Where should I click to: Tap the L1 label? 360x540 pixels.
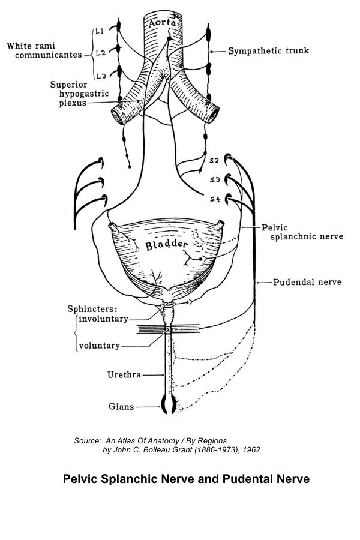click(100, 31)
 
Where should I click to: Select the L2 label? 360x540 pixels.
click(100, 53)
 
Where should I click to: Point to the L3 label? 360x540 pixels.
click(100, 75)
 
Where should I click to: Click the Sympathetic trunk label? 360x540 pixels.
click(268, 51)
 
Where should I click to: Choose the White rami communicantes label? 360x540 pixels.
click(44, 50)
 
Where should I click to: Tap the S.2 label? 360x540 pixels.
click(214, 161)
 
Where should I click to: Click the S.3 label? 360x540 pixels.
click(214, 179)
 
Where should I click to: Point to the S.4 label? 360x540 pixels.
click(214, 199)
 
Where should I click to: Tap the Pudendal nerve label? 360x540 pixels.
click(307, 281)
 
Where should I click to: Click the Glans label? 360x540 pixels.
click(121, 406)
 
